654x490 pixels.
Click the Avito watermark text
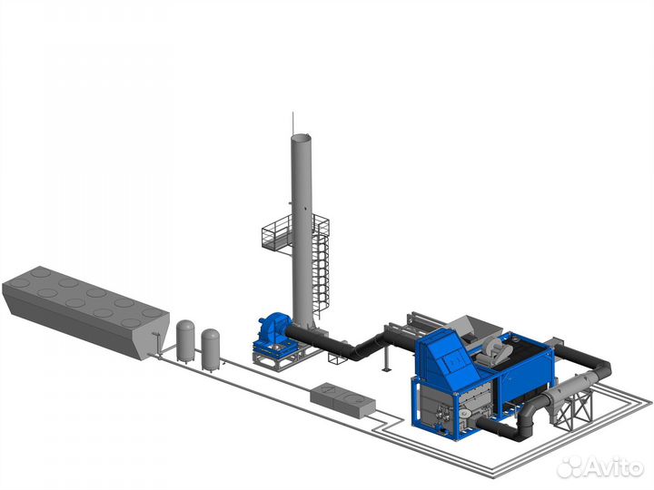point(613,467)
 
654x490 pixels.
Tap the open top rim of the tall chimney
point(301,137)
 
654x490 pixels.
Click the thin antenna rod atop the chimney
point(292,122)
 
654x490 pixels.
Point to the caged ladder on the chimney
point(321,270)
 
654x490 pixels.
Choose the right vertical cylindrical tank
point(211,350)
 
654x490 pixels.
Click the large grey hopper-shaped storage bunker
point(85,311)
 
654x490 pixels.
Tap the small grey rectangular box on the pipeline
point(342,399)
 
